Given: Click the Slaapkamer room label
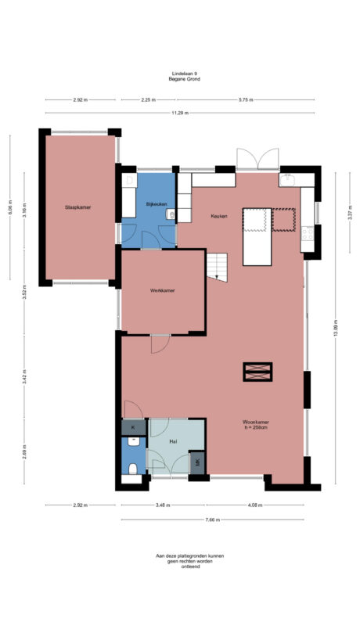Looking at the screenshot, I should coord(78,207).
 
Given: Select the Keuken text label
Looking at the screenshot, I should coord(219,217).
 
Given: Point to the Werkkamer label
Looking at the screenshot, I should coord(162,290).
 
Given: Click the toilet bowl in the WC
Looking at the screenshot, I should coord(133,468).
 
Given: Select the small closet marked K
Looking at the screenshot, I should coord(133,427).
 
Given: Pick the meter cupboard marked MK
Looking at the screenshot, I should coord(198,462).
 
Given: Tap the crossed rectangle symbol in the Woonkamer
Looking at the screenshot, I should coord(257,372).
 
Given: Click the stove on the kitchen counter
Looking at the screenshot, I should coord(308,232).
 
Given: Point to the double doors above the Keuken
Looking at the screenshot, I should coord(257,159).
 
